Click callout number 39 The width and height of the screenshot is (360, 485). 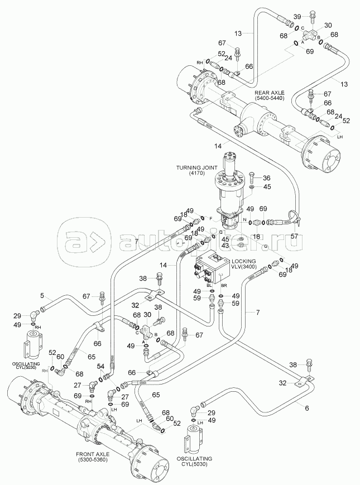click(297, 16)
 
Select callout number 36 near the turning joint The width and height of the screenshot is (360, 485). click(267, 178)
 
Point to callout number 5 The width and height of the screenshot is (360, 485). click(41, 295)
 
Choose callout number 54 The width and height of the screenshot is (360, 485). click(101, 366)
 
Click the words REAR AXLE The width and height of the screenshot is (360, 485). click(270, 92)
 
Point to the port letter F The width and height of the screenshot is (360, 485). click(211, 217)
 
